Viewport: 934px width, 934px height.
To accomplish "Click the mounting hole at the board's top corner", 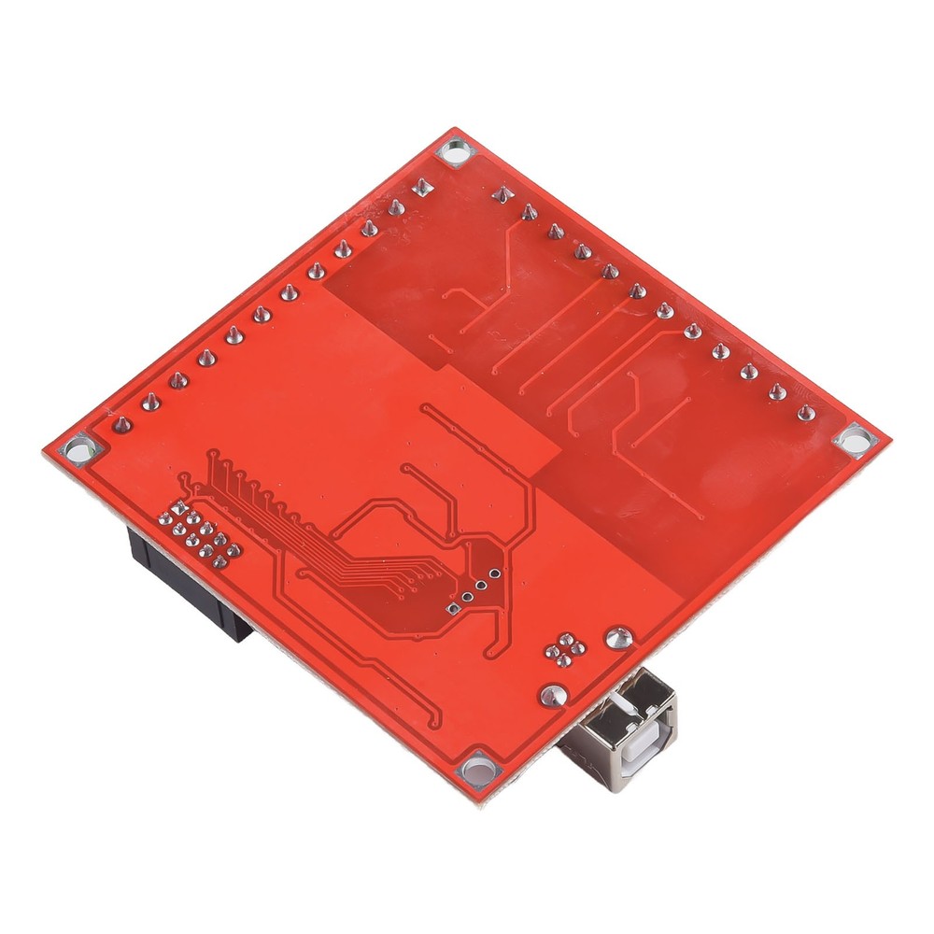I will (x=456, y=151).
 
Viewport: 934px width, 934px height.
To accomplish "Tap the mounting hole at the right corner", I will (x=854, y=439).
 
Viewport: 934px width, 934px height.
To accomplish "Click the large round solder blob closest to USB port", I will (x=553, y=695).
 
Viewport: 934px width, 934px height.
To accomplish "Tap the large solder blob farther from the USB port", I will (x=616, y=639).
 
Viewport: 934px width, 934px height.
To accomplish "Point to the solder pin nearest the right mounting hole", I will (x=806, y=413).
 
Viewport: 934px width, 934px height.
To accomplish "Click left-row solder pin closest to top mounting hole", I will (x=422, y=187).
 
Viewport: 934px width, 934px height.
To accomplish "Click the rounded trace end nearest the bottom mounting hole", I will (x=435, y=728).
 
